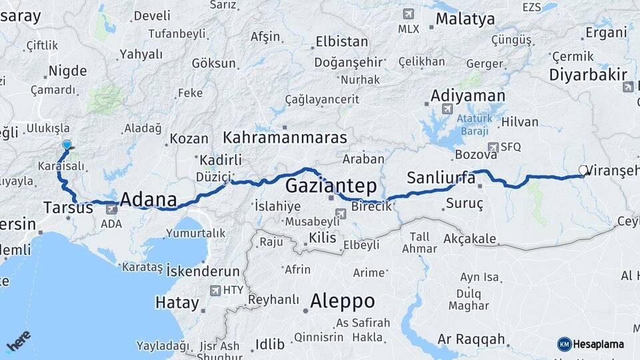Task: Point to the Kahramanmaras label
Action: coord(285,138)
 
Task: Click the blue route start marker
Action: coord(67,145)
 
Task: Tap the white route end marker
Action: coord(583,171)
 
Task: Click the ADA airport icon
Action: coord(111,209)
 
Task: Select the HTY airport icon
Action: coord(215,290)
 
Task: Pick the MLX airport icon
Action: coord(407,14)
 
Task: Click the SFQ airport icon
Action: coord(493,147)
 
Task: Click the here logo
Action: coord(18,341)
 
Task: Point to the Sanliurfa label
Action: coord(440,177)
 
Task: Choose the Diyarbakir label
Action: coord(588,73)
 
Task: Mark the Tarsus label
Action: coord(68,207)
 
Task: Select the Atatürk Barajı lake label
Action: coord(473,125)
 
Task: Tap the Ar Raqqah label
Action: coord(471,339)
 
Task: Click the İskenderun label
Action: coord(203,271)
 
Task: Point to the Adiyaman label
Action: coord(468,95)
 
